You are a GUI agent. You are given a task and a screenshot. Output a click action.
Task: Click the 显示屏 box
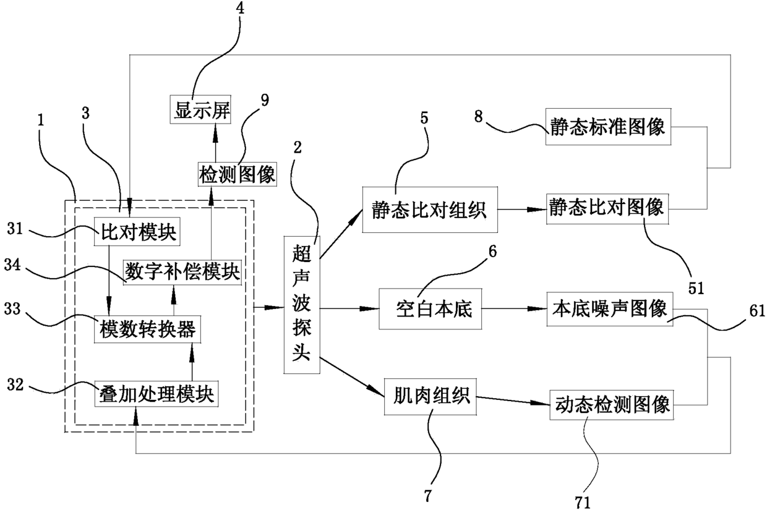200,109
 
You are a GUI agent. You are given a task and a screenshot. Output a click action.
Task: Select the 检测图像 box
238,174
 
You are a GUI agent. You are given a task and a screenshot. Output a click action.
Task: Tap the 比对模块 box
137,231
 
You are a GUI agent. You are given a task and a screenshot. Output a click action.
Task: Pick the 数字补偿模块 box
182,273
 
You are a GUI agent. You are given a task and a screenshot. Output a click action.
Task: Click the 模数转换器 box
148,329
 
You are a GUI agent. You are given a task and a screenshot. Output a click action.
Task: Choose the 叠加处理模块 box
156,394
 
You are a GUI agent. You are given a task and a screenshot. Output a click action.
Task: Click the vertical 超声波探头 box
302,305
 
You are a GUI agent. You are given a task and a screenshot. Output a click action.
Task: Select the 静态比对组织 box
430,210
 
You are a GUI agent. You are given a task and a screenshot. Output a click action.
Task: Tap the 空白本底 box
431,309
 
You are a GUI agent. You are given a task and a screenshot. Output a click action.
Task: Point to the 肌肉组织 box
431,397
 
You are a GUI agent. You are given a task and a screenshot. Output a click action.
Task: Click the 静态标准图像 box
608,127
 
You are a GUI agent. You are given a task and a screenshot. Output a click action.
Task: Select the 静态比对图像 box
607,209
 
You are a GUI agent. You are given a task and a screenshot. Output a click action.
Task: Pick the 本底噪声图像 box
610,309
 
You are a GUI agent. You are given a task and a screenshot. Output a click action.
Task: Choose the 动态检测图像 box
612,405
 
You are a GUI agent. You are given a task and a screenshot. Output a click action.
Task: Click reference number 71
583,502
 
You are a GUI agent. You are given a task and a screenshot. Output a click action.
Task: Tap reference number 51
696,288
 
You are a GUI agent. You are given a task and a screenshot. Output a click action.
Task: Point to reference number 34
12,265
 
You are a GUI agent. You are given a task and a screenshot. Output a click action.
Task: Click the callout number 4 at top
240,7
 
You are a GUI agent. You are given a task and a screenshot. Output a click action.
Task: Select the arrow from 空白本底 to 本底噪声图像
514,308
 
